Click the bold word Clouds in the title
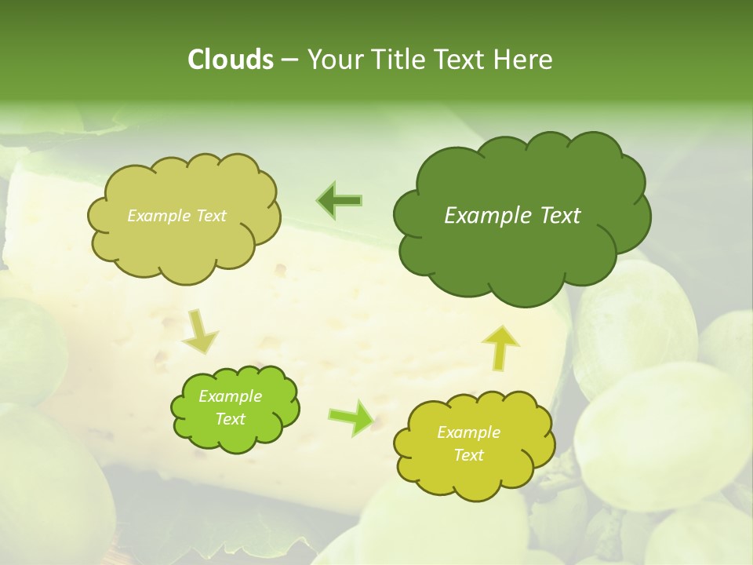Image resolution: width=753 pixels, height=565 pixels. tap(230, 60)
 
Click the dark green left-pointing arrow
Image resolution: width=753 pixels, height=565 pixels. tap(339, 201)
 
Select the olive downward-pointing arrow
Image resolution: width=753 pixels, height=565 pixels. tap(201, 330)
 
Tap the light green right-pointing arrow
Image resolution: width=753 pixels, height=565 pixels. tap(351, 417)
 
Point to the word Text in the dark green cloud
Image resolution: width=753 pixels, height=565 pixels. tap(560, 216)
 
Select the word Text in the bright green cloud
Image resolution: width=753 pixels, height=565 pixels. tap(231, 419)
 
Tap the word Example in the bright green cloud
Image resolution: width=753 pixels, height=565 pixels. tap(231, 396)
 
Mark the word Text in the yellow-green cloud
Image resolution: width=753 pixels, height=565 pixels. tap(469, 455)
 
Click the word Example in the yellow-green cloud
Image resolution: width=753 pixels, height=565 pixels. tap(469, 432)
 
